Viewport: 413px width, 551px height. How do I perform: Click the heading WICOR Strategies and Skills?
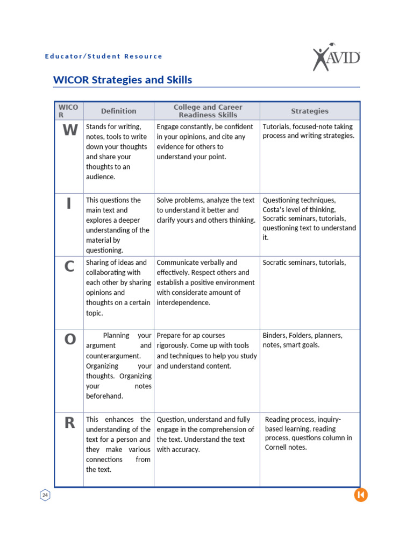point(123,80)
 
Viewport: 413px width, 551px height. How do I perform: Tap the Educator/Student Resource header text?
point(103,56)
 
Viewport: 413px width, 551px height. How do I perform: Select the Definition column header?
point(118,111)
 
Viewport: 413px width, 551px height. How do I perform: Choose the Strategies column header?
point(309,111)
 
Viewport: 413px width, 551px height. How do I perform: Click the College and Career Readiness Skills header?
point(208,111)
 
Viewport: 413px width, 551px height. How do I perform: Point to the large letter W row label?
point(69,130)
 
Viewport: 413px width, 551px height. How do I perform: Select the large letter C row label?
point(69,266)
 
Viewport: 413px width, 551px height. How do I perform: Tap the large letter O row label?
point(69,340)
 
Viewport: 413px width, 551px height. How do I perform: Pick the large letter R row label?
point(69,423)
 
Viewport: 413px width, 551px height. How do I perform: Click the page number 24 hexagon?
point(45,495)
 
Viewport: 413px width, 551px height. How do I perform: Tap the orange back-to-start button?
point(360,495)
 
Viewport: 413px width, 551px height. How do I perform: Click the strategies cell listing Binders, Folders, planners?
point(302,340)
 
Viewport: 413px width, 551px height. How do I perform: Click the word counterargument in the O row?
point(113,356)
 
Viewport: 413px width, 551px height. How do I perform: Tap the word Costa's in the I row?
point(274,209)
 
